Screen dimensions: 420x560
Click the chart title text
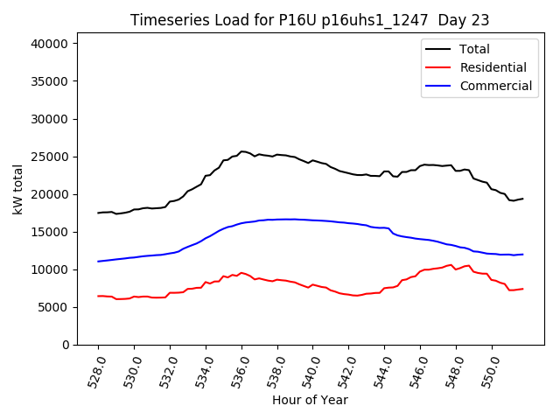coord(310,20)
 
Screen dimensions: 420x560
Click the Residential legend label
coord(493,67)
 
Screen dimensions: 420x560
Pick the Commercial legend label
coord(495,86)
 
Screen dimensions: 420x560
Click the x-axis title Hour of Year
coord(310,400)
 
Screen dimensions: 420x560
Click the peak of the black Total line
coord(241,151)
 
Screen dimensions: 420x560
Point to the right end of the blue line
coord(523,255)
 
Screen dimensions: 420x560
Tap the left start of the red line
coord(98,296)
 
